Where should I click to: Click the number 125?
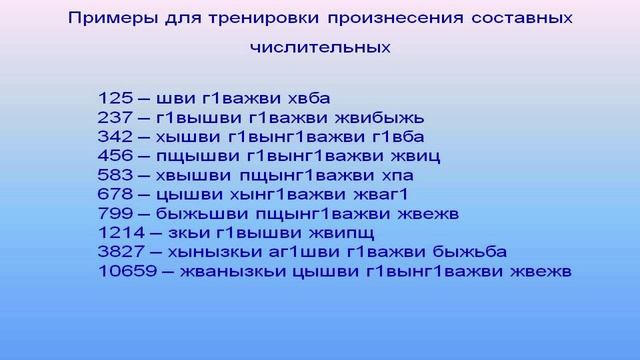click(114, 98)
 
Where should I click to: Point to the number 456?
click(114, 156)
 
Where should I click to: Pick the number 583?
click(114, 175)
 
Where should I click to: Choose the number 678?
click(114, 194)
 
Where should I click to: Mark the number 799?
click(114, 213)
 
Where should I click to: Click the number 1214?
click(119, 232)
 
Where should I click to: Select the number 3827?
click(120, 251)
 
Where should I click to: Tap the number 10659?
click(125, 270)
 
